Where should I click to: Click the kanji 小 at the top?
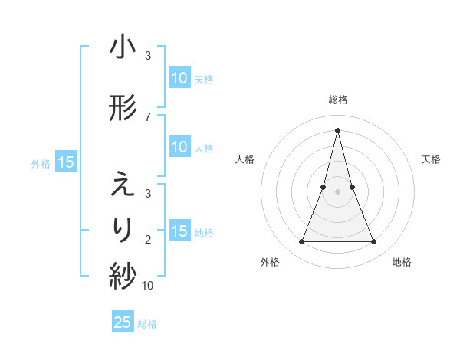point(123,48)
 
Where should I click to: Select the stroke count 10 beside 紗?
point(148,286)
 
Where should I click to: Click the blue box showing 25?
point(123,322)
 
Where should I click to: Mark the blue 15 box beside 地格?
point(179,232)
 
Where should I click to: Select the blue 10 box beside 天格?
point(179,78)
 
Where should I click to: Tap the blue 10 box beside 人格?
point(179,148)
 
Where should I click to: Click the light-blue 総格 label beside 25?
point(147,324)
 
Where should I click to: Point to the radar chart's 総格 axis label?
point(337,100)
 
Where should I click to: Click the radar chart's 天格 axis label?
point(431,159)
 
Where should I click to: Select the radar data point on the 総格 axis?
point(337,129)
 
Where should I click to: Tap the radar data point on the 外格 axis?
point(301,242)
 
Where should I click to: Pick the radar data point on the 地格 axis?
point(373,242)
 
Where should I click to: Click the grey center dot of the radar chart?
point(337,192)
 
